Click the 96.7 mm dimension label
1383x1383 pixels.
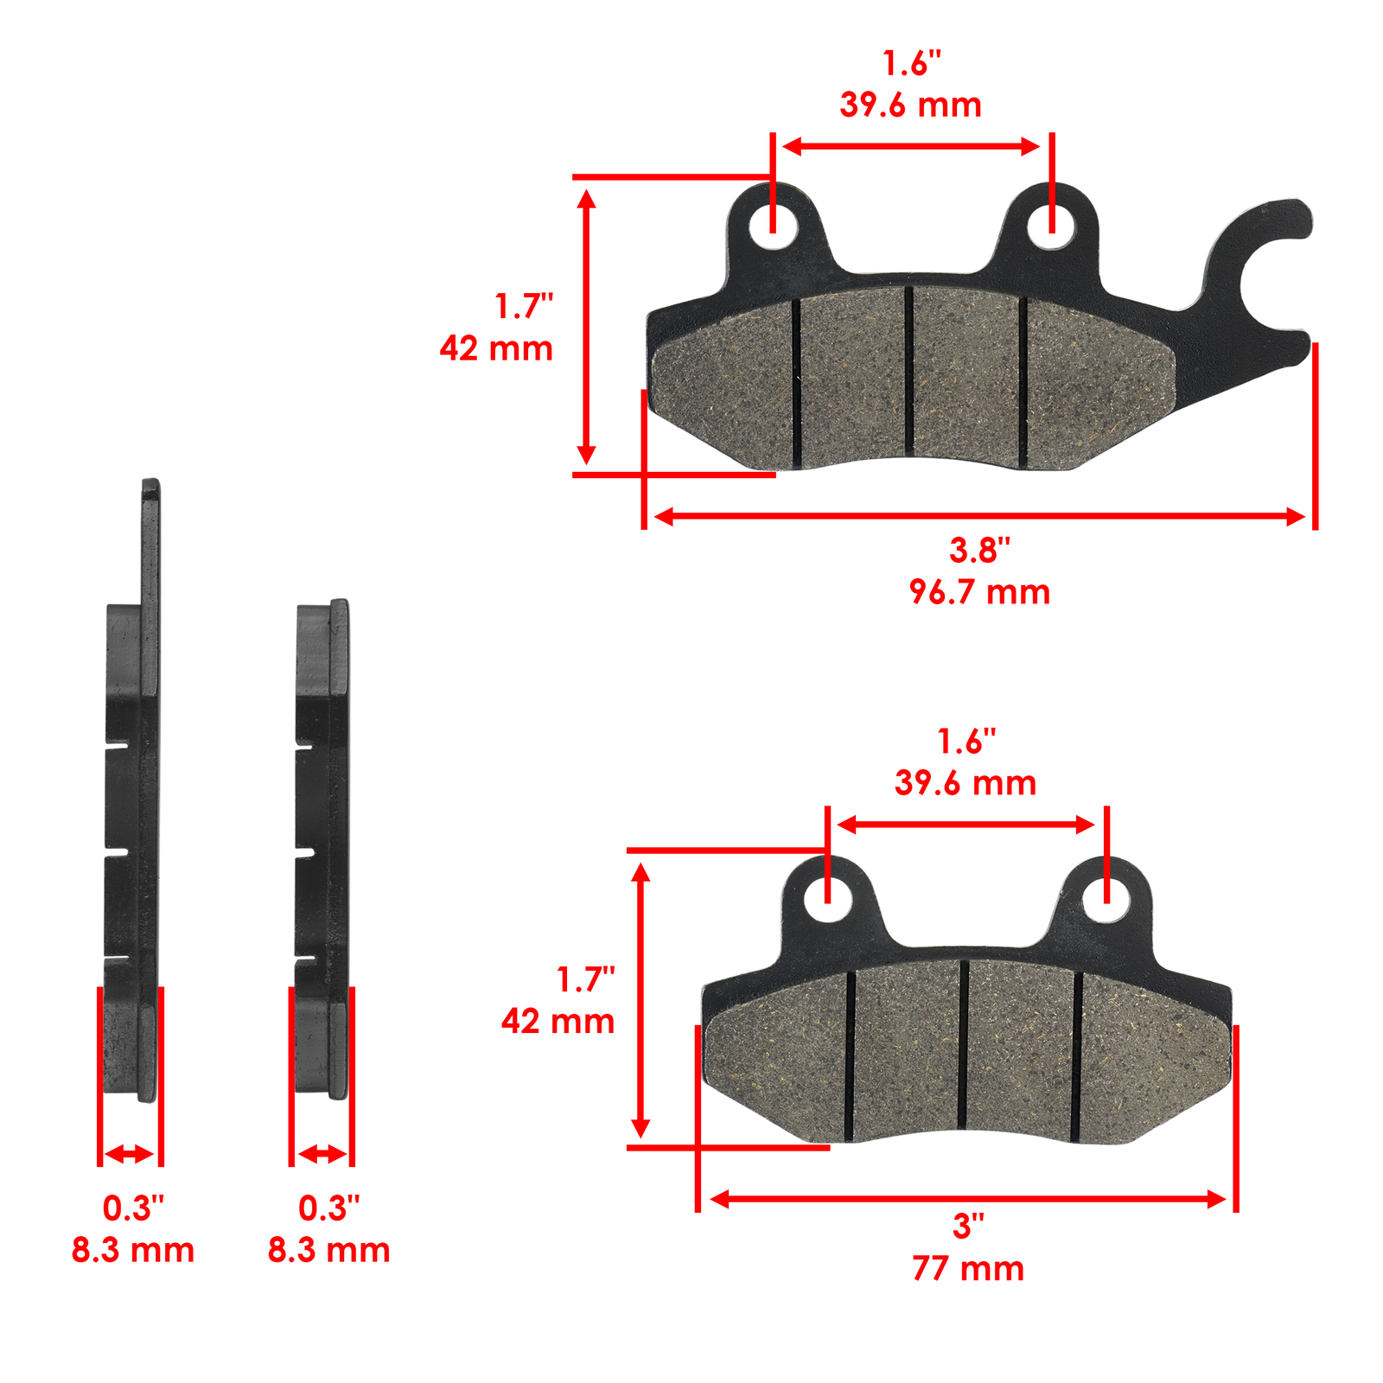pyautogui.click(x=979, y=593)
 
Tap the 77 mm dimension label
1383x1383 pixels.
pyautogui.click(x=968, y=1269)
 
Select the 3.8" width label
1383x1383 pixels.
pyautogui.click(x=979, y=550)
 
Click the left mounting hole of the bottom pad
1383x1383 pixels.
pyautogui.click(x=828, y=899)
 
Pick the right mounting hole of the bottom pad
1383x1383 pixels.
pyautogui.click(x=1107, y=899)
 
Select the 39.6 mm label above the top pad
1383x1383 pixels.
pyautogui.click(x=910, y=105)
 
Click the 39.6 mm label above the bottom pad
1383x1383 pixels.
pyautogui.click(x=966, y=783)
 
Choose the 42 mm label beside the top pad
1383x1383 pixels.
pyautogui.click(x=496, y=348)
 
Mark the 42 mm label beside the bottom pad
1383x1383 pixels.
pyautogui.click(x=558, y=1022)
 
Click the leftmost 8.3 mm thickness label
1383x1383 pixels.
pyautogui.click(x=133, y=1250)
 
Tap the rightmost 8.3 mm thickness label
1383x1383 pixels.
pyautogui.click(x=328, y=1250)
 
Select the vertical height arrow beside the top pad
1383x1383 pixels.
pyautogui.click(x=587, y=327)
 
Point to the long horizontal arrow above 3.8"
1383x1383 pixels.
pyautogui.click(x=979, y=517)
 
